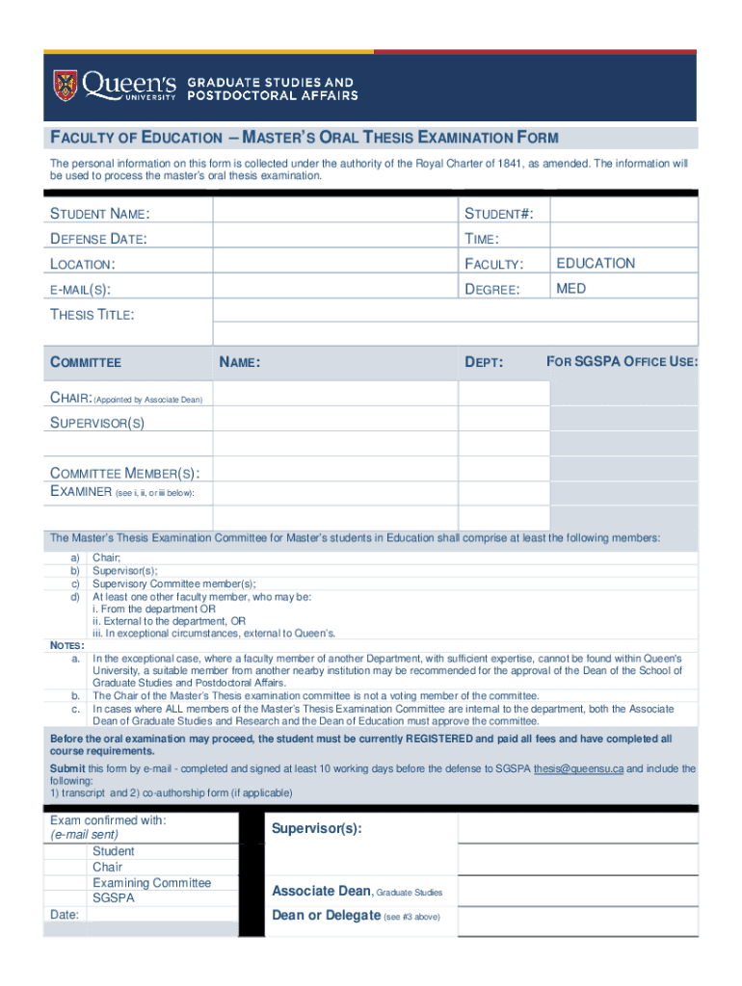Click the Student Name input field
coord(334,212)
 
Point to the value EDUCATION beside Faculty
coord(596,263)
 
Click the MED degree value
coord(570,288)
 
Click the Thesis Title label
coord(93,314)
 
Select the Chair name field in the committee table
coord(334,396)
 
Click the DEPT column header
coord(484,363)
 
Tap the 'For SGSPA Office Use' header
coord(623,362)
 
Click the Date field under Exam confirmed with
coord(161,915)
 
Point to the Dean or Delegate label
coord(326,916)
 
